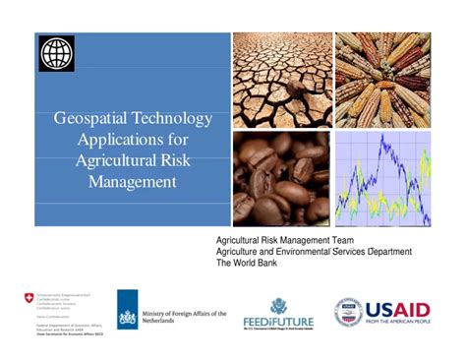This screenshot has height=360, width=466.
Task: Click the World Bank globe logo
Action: tap(56, 52)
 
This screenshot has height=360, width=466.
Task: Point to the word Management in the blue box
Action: tap(132, 182)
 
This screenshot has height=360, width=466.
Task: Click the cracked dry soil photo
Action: tap(281, 81)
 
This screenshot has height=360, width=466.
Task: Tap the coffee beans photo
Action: tap(281, 179)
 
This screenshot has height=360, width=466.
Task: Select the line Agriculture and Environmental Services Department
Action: tap(315, 253)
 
